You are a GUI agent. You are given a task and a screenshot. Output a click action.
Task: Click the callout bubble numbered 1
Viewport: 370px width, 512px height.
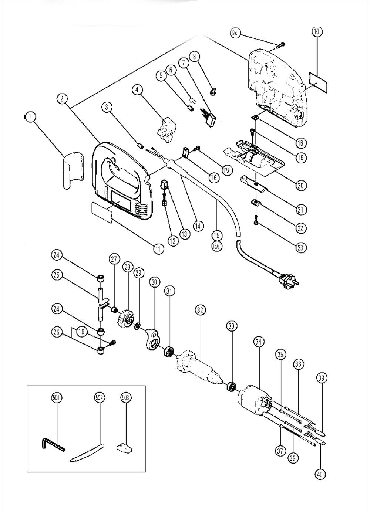30,118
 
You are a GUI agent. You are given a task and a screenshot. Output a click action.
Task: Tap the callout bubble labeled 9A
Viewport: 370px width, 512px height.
235,34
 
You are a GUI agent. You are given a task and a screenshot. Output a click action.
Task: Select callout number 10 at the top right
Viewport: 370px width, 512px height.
316,32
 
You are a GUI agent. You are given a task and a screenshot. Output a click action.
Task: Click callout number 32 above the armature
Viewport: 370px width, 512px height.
201,310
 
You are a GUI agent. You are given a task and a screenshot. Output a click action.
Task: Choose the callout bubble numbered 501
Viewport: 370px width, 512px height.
57,398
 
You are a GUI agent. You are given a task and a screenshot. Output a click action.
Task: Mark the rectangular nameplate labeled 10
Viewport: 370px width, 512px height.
319,81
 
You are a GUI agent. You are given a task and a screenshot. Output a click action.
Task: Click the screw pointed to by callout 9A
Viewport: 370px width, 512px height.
281,45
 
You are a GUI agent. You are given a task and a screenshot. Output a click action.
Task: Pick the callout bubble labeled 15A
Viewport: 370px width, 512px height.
217,246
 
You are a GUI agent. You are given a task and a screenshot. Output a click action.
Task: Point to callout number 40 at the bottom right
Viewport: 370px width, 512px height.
320,474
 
